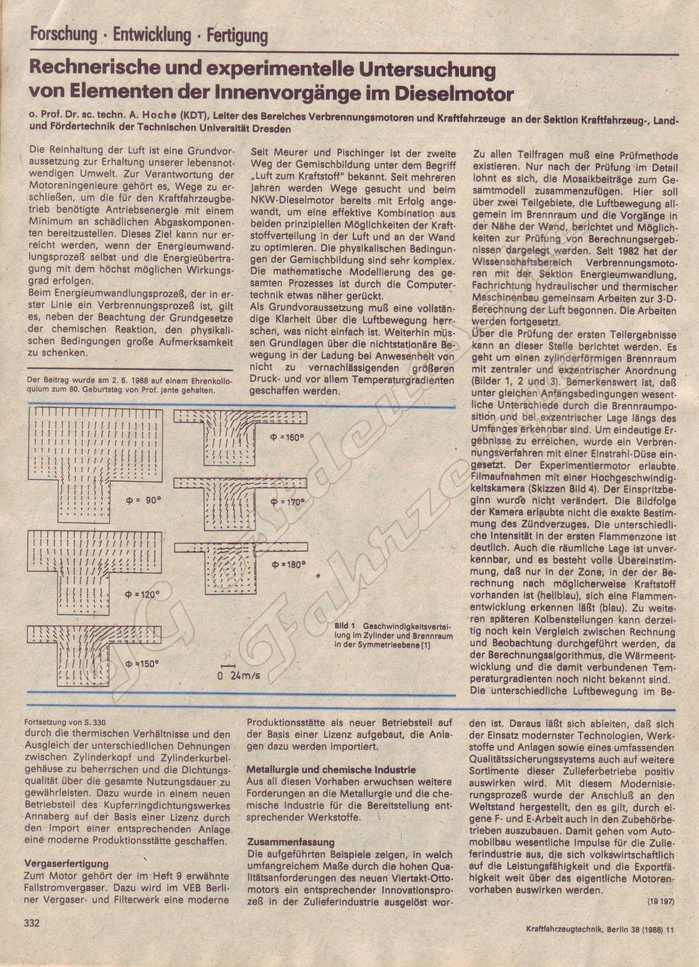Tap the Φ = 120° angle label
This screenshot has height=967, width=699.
142,595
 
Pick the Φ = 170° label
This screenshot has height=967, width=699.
288,502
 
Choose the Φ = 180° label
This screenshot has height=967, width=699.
289,565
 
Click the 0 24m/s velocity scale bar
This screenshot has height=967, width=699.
239,674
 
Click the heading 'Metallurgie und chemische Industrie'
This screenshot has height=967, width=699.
331,770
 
